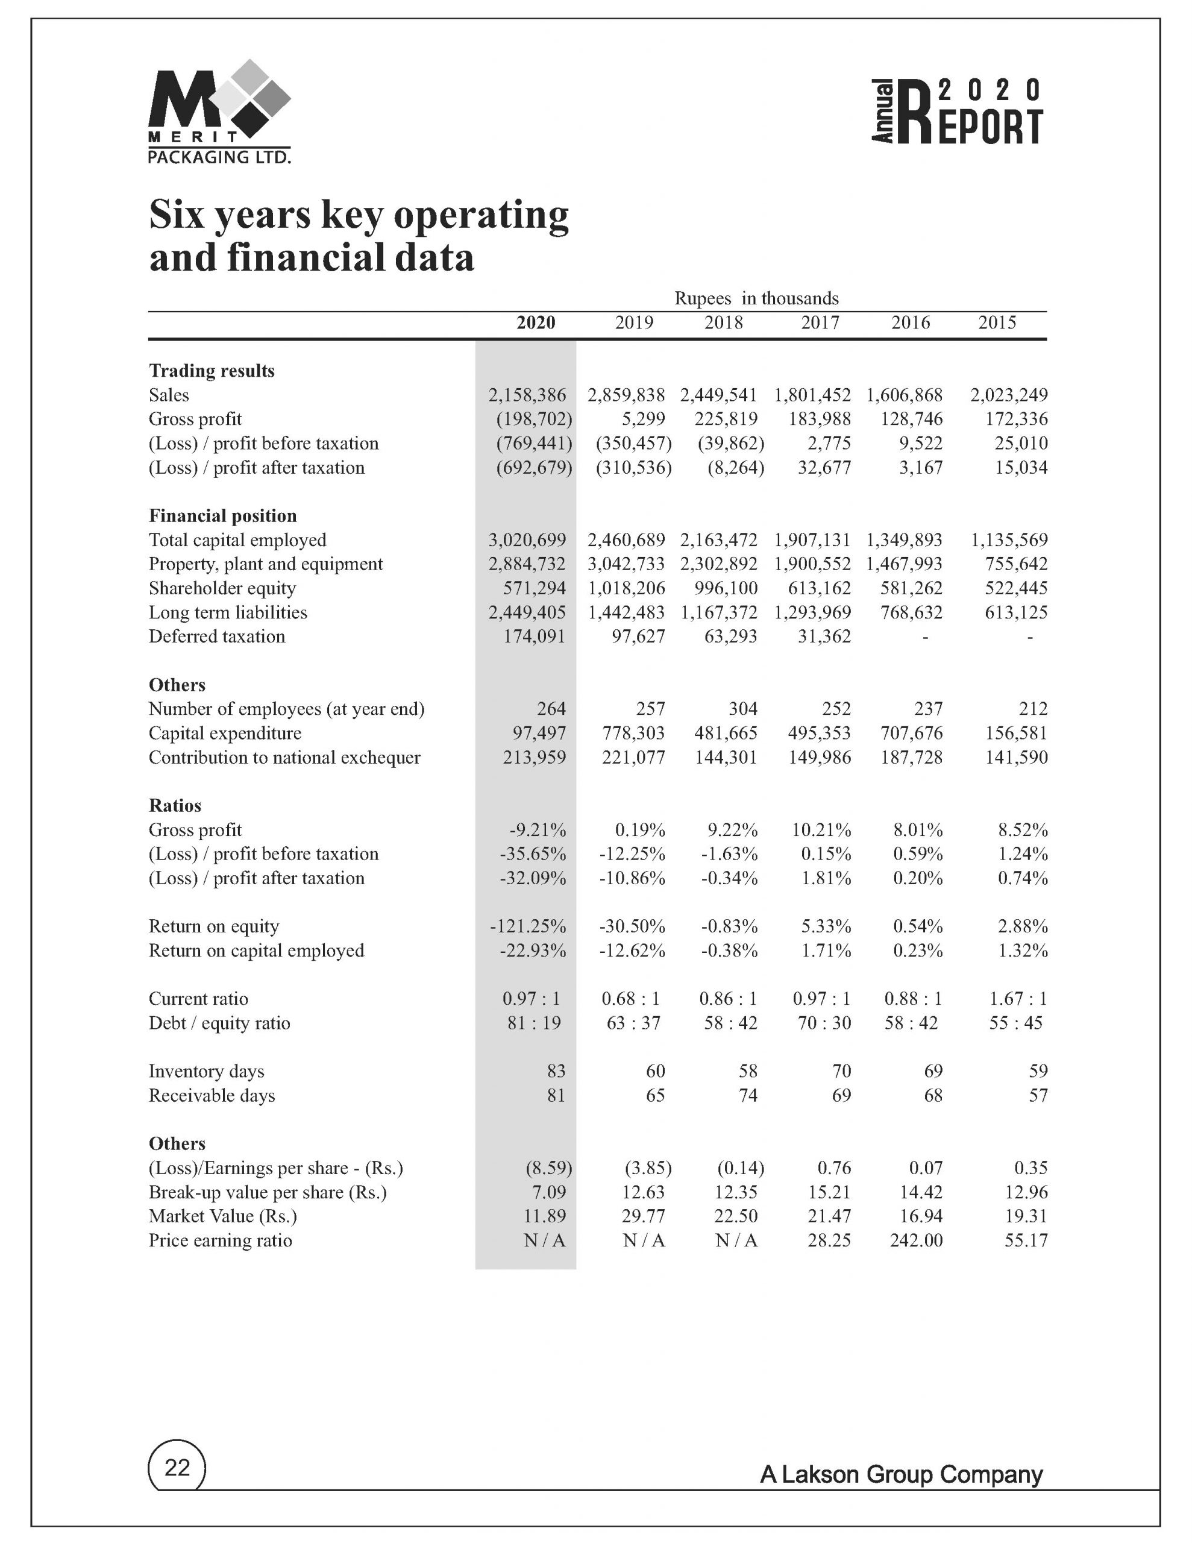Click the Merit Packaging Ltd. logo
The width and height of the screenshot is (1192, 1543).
[x=219, y=113]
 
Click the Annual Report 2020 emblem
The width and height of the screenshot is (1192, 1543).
[x=957, y=111]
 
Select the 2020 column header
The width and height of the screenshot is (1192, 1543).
[x=536, y=323]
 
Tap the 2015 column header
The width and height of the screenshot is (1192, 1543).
[x=997, y=323]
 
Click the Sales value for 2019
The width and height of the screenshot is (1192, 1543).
[x=626, y=395]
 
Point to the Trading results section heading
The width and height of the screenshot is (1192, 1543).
[x=212, y=371]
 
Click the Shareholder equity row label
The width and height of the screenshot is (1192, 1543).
[x=222, y=588]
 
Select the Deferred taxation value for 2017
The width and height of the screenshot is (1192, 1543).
[x=824, y=636]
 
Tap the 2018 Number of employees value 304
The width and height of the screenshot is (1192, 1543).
[x=742, y=709]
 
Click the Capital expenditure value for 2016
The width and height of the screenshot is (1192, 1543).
[x=912, y=734]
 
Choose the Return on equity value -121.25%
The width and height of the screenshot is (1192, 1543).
[x=528, y=926]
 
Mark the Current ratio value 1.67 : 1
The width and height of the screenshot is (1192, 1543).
[x=1018, y=999]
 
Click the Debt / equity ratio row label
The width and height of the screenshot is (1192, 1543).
[x=219, y=1023]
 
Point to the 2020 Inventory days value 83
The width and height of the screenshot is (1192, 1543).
[x=556, y=1071]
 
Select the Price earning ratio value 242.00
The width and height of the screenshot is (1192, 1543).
[x=916, y=1240]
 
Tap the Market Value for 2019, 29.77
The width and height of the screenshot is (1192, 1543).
[x=643, y=1216]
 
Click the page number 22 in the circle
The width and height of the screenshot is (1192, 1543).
[x=177, y=1468]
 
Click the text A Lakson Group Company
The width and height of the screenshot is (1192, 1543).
[x=901, y=1474]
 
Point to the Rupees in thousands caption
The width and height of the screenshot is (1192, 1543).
[x=756, y=298]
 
